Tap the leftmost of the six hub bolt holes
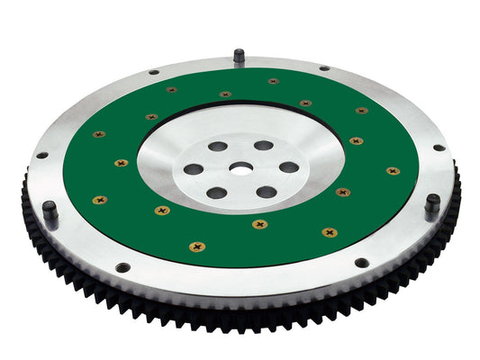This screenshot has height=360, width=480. [194, 168]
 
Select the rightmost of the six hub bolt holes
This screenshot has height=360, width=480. [287, 166]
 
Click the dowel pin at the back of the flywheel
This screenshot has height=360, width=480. [239, 56]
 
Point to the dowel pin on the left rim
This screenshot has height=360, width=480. [50, 211]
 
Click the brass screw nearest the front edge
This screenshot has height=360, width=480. [197, 245]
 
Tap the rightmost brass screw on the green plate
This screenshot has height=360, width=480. [392, 170]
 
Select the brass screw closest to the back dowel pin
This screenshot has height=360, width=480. [273, 81]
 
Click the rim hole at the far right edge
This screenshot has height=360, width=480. [439, 148]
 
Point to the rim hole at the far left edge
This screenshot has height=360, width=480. [41, 155]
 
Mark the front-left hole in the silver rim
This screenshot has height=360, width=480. [122, 266]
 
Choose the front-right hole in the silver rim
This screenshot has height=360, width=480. [361, 263]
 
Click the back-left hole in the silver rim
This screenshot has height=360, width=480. [154, 72]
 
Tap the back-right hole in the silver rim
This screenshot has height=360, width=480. [323, 67]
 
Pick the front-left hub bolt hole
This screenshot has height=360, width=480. [217, 192]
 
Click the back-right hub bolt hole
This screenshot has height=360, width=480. [263, 145]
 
